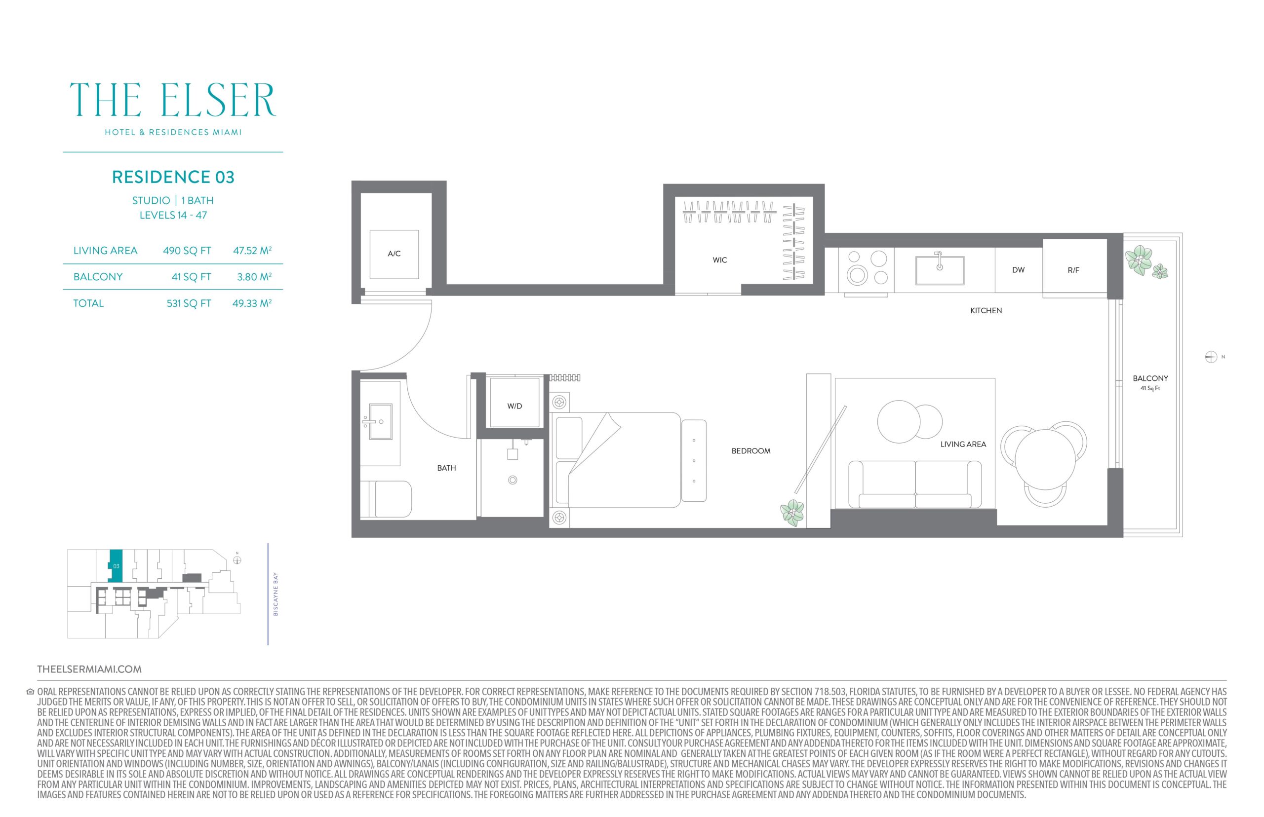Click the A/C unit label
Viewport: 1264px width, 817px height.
(394, 254)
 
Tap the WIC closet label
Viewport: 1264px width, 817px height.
(720, 260)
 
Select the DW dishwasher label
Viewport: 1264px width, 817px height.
(1018, 270)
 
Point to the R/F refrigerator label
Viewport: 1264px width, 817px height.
(1073, 270)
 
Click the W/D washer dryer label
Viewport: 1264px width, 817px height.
(514, 407)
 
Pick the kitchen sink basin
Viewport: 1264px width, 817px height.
(939, 270)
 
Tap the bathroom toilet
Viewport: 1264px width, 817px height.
(386, 499)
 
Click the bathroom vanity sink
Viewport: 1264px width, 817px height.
(381, 422)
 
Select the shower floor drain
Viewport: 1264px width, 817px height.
(513, 480)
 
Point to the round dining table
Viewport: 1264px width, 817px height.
(1045, 459)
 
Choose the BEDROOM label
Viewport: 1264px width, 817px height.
(750, 451)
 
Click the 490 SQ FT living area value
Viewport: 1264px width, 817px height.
(187, 251)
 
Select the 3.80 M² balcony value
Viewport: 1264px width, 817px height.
(252, 276)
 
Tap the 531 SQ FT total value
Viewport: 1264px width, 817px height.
(189, 303)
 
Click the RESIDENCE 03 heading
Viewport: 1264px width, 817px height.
(173, 177)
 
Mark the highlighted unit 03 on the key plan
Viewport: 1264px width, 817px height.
(115, 565)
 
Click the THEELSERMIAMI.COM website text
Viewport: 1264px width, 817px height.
(89, 669)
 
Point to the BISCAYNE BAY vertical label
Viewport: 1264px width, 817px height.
(276, 594)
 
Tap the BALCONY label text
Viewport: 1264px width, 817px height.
(1150, 378)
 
